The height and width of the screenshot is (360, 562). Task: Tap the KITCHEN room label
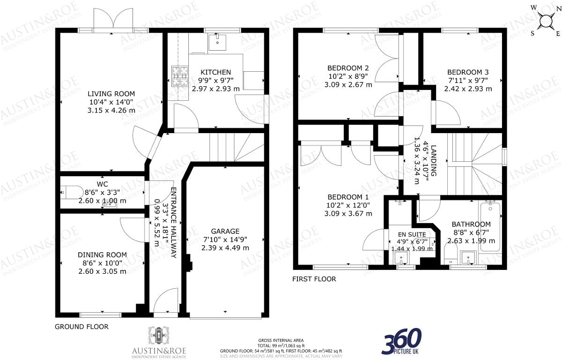tap(215, 72)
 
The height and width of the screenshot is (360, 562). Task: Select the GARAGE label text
tap(225, 231)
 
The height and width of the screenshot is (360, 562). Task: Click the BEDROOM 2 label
tap(348, 68)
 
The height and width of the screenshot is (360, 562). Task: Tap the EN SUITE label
tap(412, 234)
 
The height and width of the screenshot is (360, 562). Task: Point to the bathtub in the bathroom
tap(491, 230)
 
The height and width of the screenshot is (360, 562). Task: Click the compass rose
tap(545, 21)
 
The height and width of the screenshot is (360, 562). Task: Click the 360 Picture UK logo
tap(402, 342)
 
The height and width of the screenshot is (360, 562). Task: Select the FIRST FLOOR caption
tap(314, 279)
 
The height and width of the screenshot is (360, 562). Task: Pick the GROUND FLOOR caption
tap(81, 327)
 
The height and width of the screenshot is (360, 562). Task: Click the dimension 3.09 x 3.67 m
tap(348, 213)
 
